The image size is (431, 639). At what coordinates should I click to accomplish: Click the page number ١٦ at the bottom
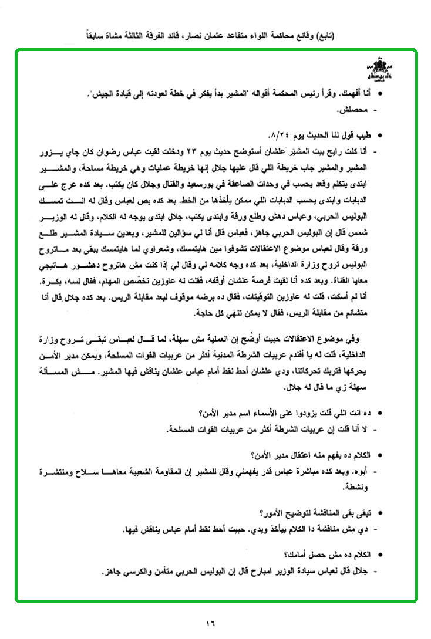tap(211, 623)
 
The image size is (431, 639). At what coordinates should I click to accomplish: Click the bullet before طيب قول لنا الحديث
tap(384, 136)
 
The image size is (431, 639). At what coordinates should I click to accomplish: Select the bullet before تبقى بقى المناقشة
tap(384, 514)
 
